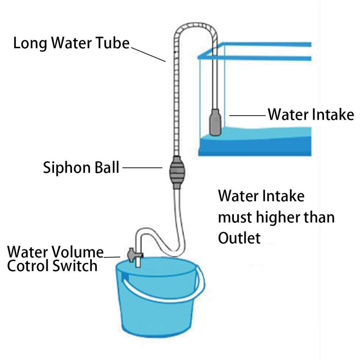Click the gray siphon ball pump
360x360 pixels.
(177, 172)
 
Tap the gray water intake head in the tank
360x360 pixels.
(216, 122)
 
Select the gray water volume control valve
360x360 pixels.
(133, 255)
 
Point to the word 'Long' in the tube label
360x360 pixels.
(30, 43)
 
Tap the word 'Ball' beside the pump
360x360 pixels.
(107, 167)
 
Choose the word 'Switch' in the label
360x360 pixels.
(75, 266)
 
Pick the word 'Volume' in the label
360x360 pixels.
(77, 252)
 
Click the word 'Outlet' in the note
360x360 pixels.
(239, 238)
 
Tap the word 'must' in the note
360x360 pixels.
(235, 217)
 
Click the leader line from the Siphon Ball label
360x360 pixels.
(142, 167)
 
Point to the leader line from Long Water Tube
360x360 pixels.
(148, 54)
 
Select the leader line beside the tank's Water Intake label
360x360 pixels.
(247, 116)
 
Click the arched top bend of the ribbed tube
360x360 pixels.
(195, 25)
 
